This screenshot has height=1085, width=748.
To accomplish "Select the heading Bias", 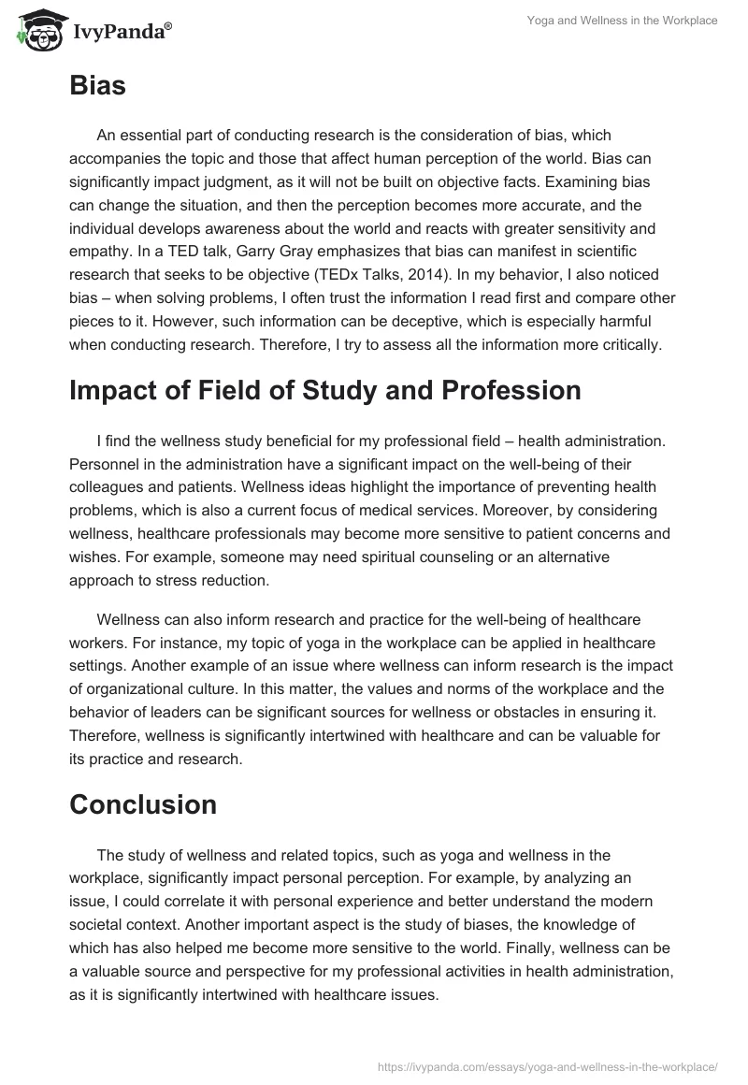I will (x=97, y=87).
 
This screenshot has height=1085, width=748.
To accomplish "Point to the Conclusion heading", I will (x=142, y=804).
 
